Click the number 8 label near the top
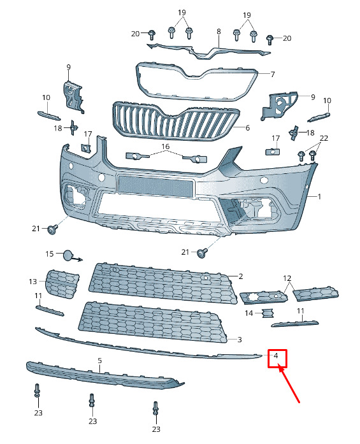219,31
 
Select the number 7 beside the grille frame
273,75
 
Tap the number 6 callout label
248,127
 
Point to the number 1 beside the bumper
319,196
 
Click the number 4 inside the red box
276,355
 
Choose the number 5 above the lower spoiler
99,361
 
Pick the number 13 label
33,282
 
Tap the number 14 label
249,313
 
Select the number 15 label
50,254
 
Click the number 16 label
166,147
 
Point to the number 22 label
324,138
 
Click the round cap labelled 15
68,255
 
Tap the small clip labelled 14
267,313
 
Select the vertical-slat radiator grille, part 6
176,121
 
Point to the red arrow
289,383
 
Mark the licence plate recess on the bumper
155,186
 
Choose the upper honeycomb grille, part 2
163,283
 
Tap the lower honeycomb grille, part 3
153,322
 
